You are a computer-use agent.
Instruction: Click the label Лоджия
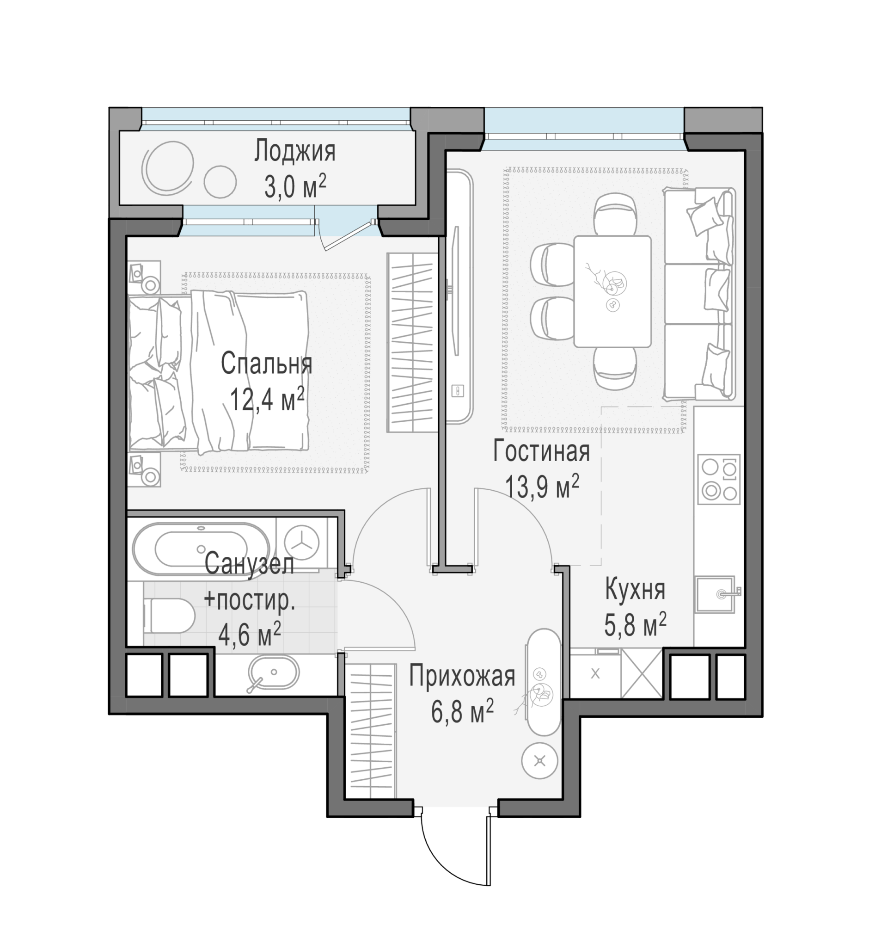295,152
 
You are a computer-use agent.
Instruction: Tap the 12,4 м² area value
267,399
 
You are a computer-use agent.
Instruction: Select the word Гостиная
541,451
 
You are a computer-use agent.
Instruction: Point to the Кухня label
635,590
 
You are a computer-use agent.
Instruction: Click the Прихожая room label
462,676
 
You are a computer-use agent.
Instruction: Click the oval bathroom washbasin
273,673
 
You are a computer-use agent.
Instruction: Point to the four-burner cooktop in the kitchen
719,479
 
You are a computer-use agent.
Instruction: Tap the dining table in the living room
612,291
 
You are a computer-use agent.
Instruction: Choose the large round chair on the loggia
167,167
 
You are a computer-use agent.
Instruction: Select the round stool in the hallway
539,761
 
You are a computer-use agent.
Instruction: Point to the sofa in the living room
699,294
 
